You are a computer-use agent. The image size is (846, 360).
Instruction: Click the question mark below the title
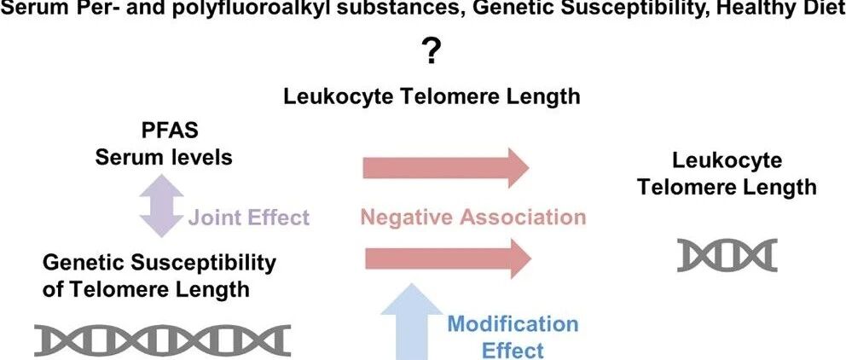431,54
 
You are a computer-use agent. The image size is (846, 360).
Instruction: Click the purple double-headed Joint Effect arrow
161,206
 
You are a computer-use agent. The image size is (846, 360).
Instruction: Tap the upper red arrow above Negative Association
446,167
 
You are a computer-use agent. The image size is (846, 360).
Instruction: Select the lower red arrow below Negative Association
449,259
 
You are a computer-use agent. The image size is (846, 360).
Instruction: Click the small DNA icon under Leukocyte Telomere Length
727,255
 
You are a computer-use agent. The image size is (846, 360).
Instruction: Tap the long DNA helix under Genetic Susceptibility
162,340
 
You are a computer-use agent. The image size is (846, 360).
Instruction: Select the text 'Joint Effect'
249,218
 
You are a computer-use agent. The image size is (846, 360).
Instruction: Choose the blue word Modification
513,324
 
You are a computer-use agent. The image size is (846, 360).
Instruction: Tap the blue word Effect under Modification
513,351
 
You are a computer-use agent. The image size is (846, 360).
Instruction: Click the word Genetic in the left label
82,263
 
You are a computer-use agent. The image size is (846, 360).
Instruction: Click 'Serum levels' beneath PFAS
164,158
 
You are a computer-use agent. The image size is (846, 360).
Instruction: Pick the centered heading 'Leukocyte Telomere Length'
431,96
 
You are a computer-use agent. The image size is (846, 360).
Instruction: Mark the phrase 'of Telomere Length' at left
146,290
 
